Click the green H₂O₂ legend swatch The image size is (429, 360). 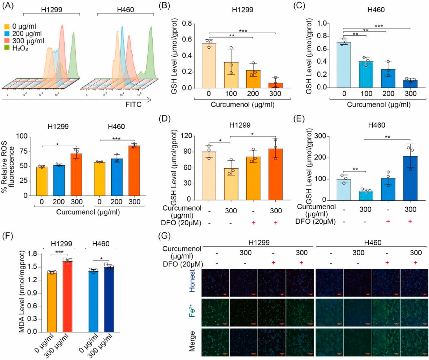pos(7,48)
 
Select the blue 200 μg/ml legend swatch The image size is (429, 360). pos(7,34)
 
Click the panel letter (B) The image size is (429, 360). pos(165,6)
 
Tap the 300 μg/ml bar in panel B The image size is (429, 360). pos(275,85)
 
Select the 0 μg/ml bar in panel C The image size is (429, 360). pos(344,65)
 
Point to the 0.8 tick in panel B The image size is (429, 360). pos(187,24)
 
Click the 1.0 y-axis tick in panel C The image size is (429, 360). pos(322,23)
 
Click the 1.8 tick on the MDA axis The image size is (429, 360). pos(32,254)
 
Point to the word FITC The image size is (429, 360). pos(133,104)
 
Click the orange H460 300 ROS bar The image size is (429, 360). pos(134,171)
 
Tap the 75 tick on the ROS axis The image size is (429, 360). pos(23,151)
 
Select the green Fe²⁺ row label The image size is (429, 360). pos(192,311)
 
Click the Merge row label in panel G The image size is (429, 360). pos(192,341)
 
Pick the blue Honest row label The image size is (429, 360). pos(192,281)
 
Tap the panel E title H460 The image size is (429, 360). pos(376,125)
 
